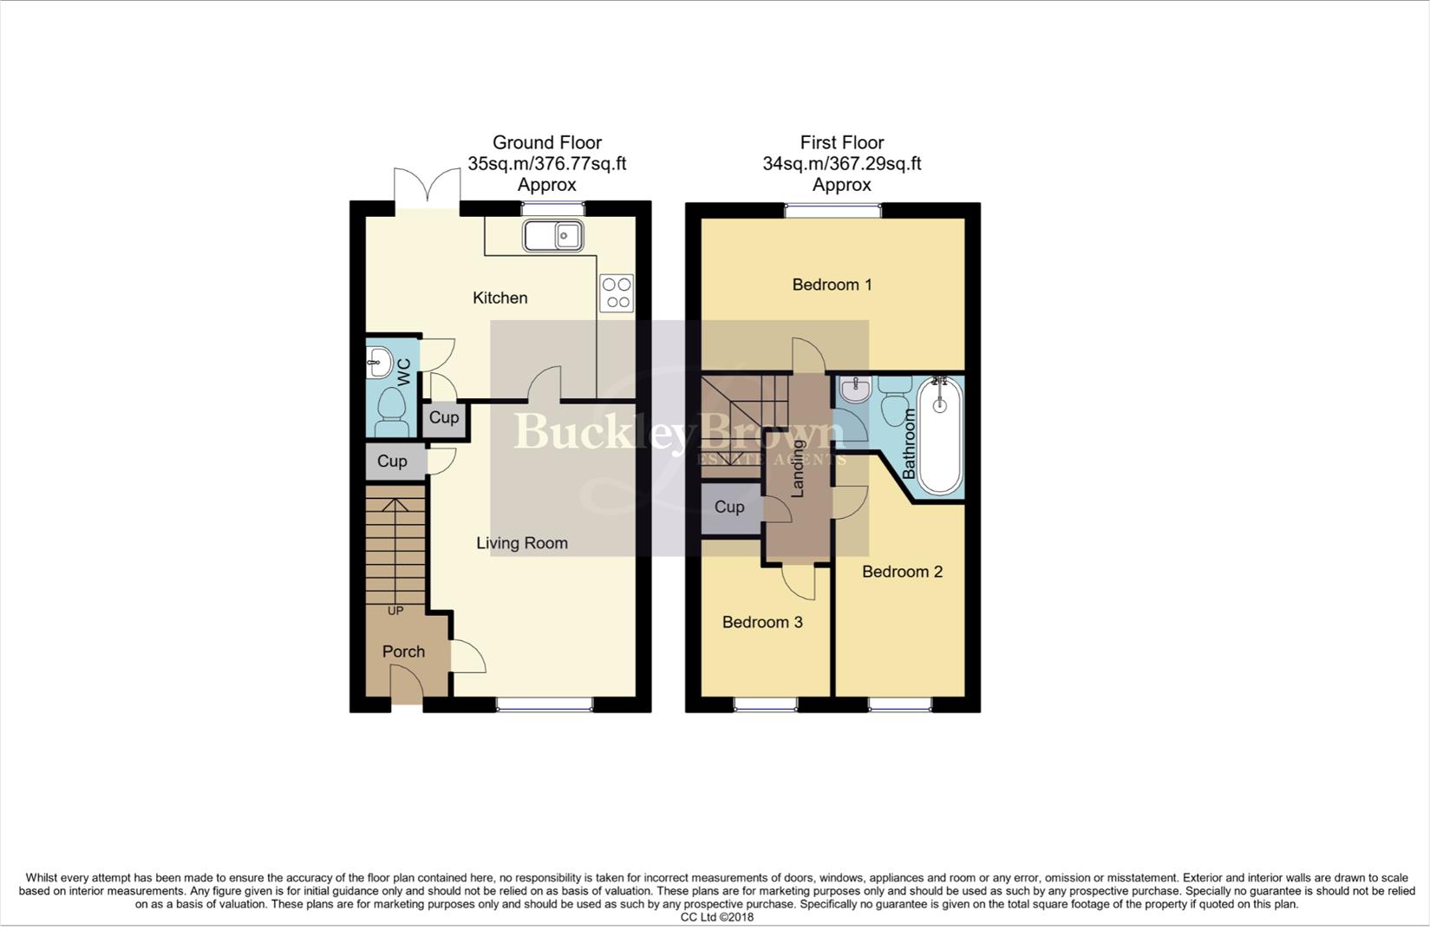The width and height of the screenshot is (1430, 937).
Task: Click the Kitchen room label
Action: [500, 298]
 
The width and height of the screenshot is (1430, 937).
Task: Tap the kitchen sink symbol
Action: [552, 235]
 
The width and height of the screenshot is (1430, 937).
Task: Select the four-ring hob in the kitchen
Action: [617, 292]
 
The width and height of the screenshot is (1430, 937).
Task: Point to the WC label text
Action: [404, 371]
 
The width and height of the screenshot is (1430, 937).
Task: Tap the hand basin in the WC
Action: [379, 361]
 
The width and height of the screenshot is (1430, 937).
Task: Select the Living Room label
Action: [522, 543]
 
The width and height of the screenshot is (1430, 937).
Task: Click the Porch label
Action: [403, 652]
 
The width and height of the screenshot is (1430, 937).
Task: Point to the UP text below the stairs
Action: [395, 611]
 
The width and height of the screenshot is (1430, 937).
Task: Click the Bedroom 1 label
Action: [832, 285]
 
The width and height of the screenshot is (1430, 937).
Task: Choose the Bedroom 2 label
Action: [902, 572]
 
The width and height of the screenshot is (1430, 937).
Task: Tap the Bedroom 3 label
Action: [762, 622]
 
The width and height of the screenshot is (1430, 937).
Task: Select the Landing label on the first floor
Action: [798, 474]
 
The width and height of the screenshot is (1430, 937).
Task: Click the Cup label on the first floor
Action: [729, 507]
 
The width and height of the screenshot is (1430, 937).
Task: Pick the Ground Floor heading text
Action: [546, 142]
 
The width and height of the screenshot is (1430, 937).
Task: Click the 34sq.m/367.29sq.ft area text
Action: [841, 163]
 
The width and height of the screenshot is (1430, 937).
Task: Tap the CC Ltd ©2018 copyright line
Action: [716, 917]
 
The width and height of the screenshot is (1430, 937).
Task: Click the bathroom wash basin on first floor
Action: [855, 390]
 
